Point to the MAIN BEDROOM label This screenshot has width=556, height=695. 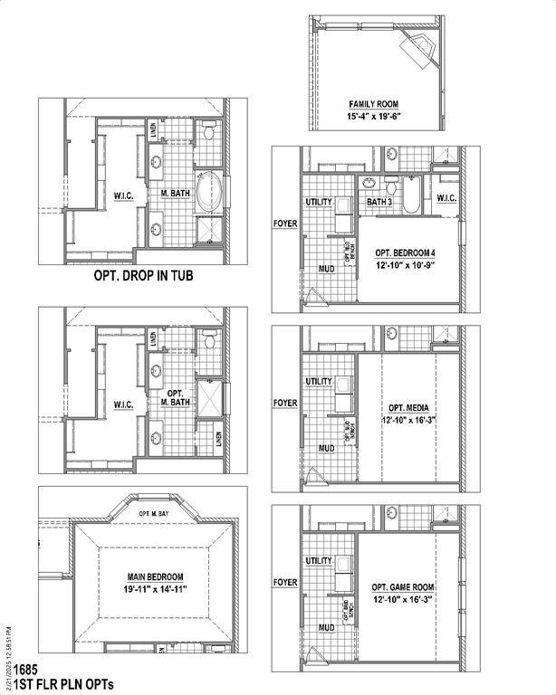[155, 576]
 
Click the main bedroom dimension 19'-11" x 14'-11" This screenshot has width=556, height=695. [155, 589]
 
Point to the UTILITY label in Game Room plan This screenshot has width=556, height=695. [319, 561]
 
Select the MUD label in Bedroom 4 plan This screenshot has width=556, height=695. [327, 269]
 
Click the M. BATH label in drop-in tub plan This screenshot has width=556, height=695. [174, 194]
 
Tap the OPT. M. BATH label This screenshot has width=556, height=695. [176, 398]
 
